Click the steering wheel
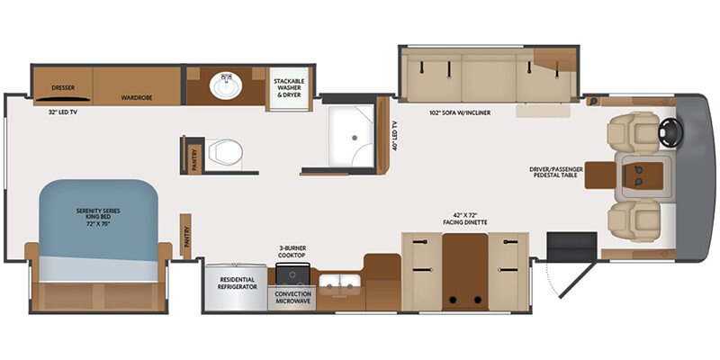[x=670, y=133]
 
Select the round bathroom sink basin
[x=226, y=85]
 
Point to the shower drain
[x=354, y=137]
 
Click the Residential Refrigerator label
[x=238, y=283]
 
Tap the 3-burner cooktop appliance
[x=293, y=274]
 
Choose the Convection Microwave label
[x=293, y=298]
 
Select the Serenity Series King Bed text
[x=98, y=218]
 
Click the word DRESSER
[x=63, y=87]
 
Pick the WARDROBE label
[x=137, y=98]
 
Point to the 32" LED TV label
[x=62, y=112]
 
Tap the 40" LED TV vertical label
[x=394, y=136]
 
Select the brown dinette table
[x=465, y=272]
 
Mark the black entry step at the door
[x=572, y=247]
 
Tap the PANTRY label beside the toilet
[x=194, y=159]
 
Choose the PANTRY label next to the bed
[x=186, y=237]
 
